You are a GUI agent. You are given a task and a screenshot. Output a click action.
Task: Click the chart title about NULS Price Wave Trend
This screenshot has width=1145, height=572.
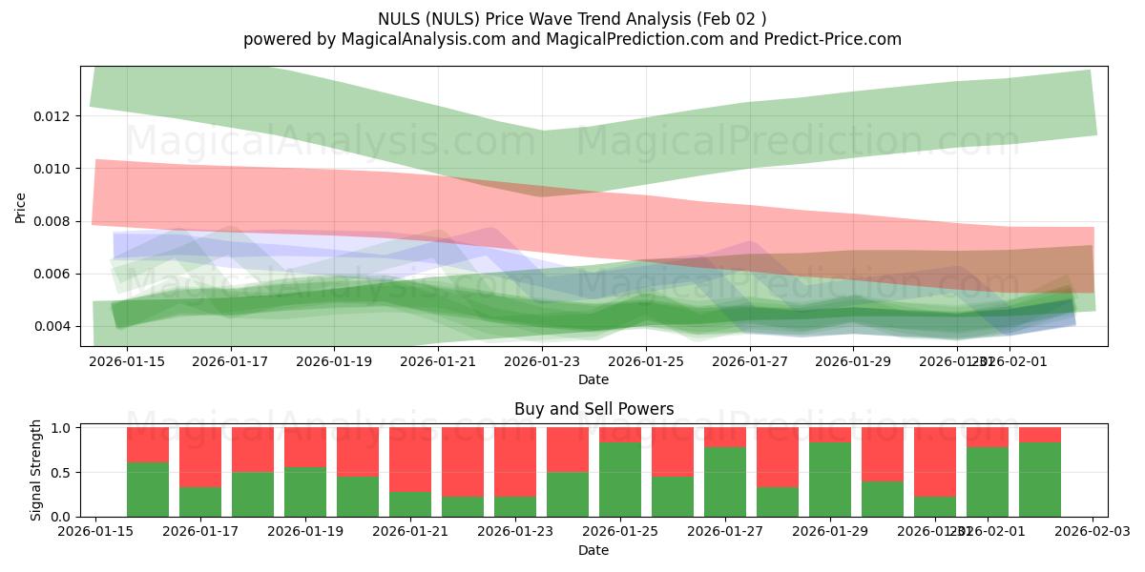tap(572, 19)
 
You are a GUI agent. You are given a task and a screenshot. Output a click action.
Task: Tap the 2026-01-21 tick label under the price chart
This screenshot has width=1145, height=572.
tap(438, 362)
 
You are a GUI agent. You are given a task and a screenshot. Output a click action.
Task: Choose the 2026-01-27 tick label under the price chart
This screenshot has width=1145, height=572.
tap(751, 362)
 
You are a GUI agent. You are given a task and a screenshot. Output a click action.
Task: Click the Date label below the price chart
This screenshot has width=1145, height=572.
tap(593, 379)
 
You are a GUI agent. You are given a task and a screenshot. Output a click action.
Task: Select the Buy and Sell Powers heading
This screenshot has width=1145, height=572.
tap(593, 409)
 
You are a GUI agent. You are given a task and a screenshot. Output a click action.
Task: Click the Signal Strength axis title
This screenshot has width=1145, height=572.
tap(36, 470)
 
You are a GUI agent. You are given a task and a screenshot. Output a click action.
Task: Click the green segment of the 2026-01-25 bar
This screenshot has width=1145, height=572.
tap(620, 480)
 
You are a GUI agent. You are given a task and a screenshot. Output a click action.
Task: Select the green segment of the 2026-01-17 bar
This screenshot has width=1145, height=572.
tap(200, 501)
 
